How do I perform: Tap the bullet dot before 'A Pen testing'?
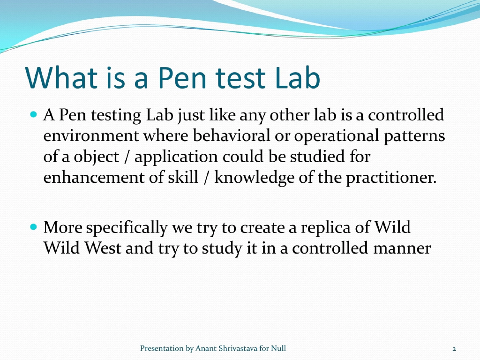[x=33, y=114]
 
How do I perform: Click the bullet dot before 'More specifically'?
[x=33, y=226]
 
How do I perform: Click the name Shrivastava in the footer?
[x=237, y=348]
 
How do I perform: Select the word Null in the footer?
[x=278, y=348]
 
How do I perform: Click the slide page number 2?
[x=454, y=349]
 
